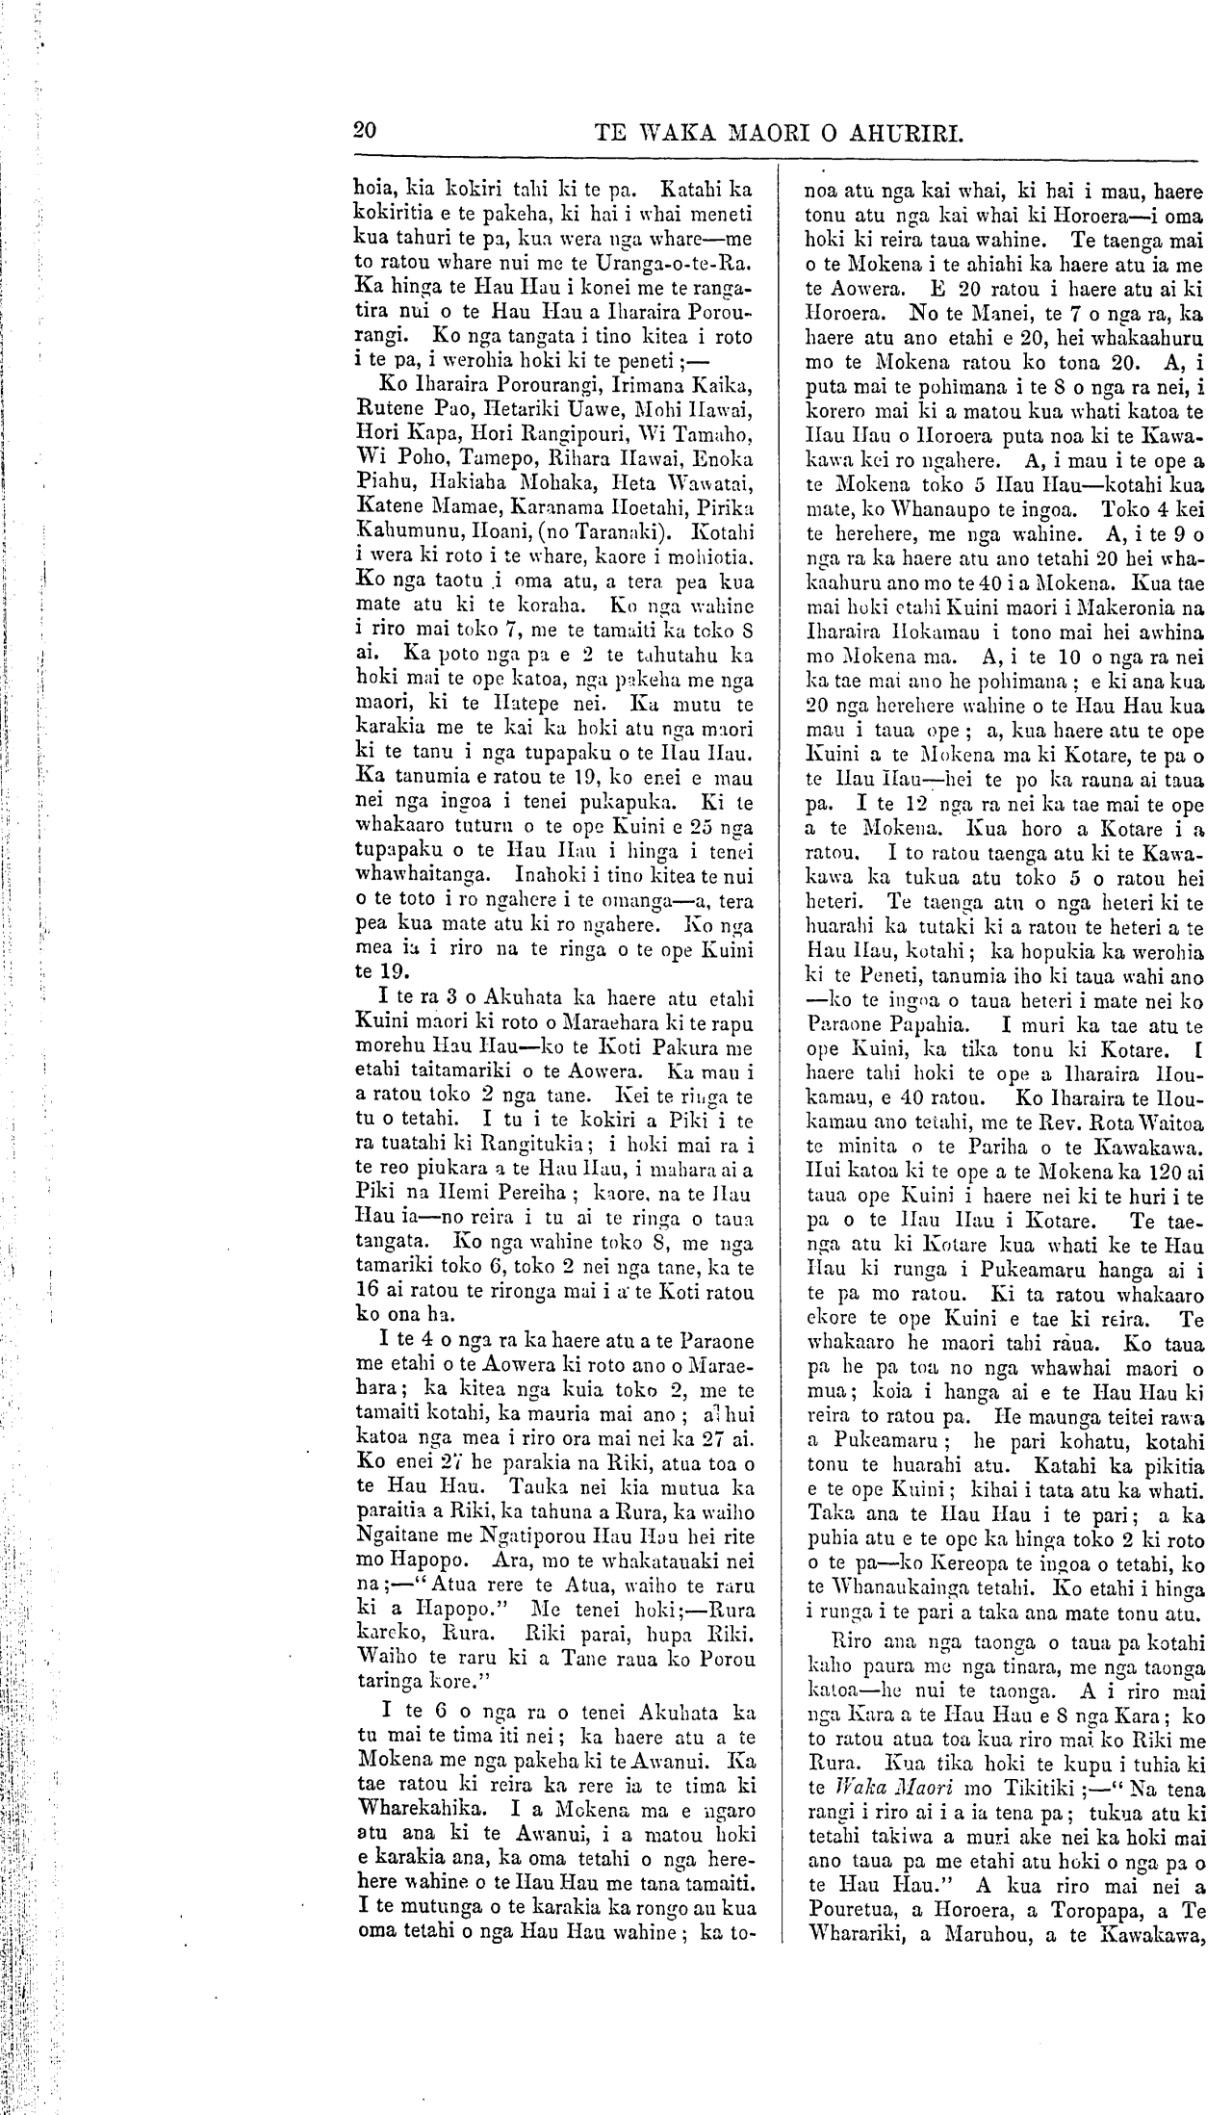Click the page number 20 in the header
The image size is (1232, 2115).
point(365,131)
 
